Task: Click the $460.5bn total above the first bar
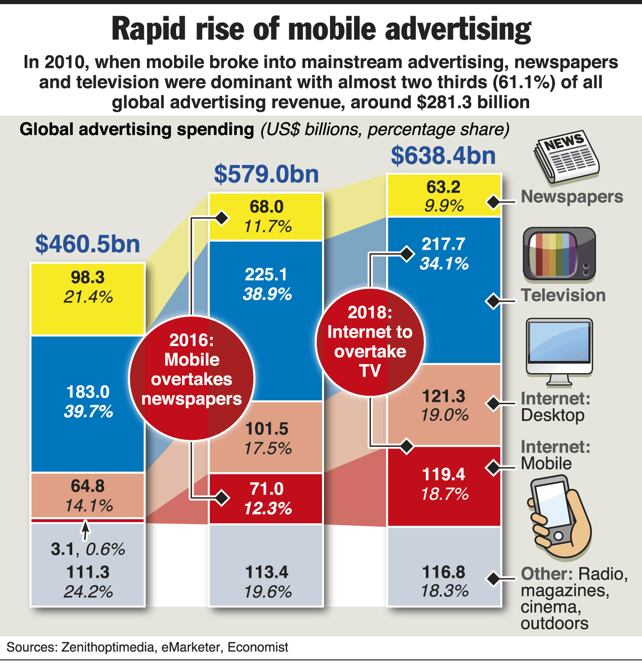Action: (88, 244)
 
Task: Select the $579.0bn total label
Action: (266, 175)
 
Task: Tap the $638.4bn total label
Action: (443, 155)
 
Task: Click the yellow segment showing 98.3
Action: (88, 298)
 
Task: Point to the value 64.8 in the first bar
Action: (88, 486)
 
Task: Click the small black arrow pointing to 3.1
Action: (86, 529)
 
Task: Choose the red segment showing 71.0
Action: (266, 499)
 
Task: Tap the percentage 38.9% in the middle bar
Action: (267, 294)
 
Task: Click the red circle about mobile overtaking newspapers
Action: (192, 379)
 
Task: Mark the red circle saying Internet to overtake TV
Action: (370, 342)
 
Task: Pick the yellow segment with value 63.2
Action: (444, 196)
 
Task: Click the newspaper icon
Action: (566, 156)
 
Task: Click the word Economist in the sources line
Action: (258, 647)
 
